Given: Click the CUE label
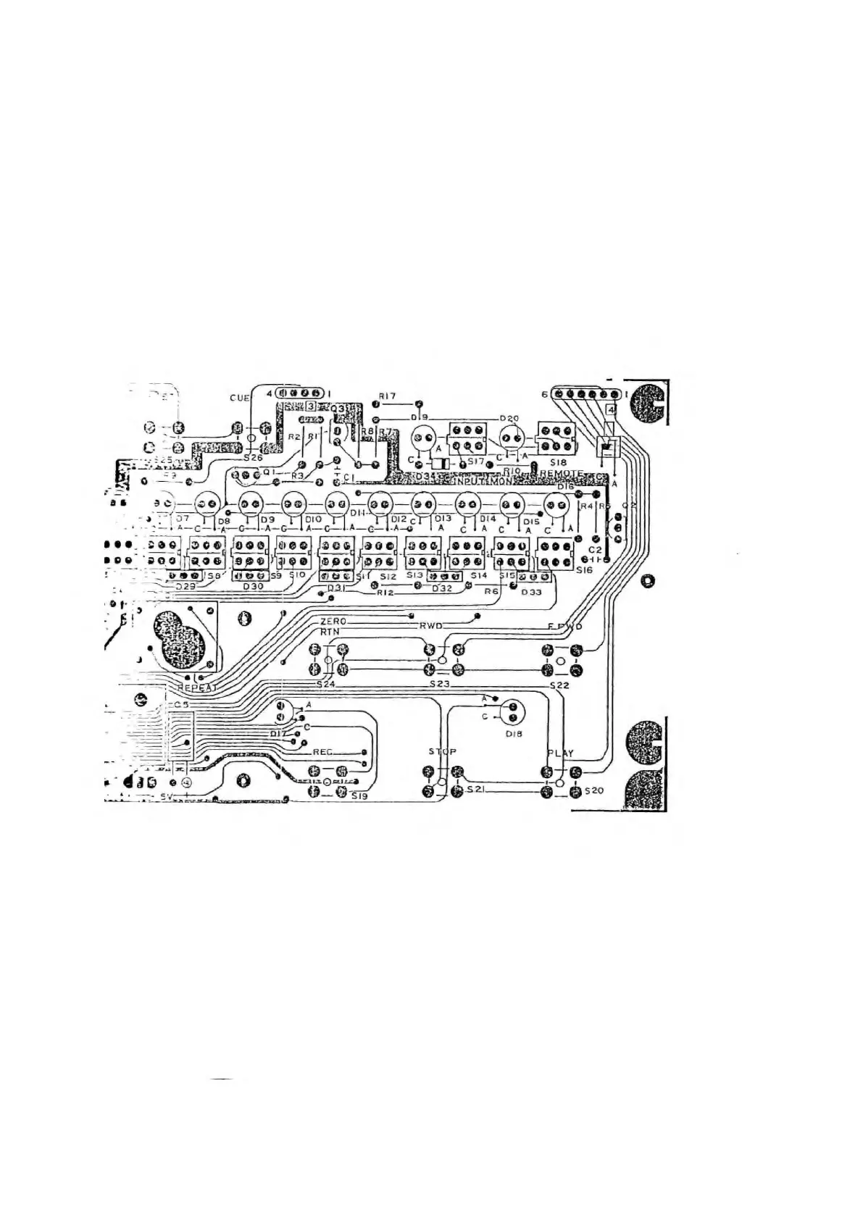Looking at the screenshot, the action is (x=240, y=398).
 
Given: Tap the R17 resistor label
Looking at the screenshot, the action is (x=387, y=396).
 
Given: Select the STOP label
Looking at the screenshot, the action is (x=442, y=752).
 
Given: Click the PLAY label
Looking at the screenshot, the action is (x=560, y=753).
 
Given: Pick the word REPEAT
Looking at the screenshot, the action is (x=199, y=688).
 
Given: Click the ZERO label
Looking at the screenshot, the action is (x=333, y=622).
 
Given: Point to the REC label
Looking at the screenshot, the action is (x=322, y=752).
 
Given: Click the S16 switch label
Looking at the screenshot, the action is (x=584, y=571).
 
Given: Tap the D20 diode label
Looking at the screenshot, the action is (x=509, y=419).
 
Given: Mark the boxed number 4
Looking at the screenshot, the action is (x=611, y=410).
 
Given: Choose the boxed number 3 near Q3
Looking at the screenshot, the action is (x=311, y=406).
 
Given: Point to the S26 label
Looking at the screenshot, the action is (x=252, y=458).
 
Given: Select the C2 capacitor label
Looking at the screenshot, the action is (x=594, y=551).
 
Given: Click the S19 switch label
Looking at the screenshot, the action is (x=359, y=795).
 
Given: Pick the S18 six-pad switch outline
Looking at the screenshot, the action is (x=556, y=438).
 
